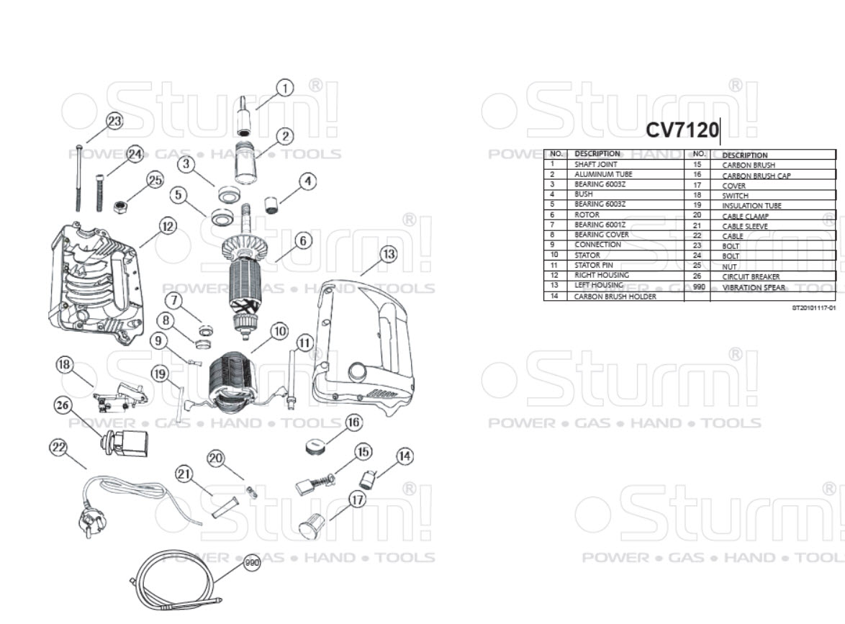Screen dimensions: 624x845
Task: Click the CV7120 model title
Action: click(x=682, y=130)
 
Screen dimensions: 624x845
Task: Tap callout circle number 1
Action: click(x=285, y=89)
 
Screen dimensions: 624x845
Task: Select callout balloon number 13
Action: click(x=388, y=254)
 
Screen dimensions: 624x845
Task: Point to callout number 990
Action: click(x=251, y=564)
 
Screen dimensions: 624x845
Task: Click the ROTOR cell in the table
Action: click(x=587, y=214)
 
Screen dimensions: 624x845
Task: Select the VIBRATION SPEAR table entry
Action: click(x=753, y=287)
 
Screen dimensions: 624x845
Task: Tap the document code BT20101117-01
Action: click(x=813, y=308)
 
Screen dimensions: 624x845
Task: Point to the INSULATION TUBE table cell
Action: click(x=751, y=206)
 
